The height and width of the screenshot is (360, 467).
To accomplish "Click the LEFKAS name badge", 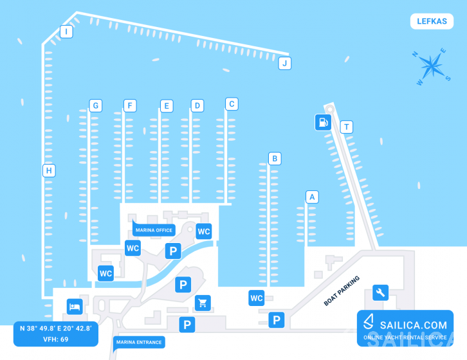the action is point(432,21).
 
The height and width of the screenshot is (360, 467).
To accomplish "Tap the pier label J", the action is point(285,63).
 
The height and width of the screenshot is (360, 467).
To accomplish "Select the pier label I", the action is point(66,32).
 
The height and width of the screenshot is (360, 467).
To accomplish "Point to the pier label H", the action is point(49,170).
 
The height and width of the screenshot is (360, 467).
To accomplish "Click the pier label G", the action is point(96,105).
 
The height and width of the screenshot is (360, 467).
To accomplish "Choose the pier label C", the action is point(232,104).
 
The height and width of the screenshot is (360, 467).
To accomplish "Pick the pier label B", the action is point(275,159).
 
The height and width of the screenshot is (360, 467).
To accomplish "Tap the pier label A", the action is point(312,197).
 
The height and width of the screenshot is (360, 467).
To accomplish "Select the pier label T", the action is point(346,127).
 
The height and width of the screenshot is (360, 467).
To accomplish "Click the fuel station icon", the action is point(323,122).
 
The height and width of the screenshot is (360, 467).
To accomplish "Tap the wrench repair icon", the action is point(380,292).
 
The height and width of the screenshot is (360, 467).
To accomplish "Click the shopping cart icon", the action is point(203,303).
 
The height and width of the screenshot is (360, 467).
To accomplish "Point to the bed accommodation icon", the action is point(75,307).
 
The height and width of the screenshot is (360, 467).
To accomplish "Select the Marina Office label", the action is point(154,230).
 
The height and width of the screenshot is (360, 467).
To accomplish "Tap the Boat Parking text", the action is point(342,291).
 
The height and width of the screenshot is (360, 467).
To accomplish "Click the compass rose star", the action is point(432,66).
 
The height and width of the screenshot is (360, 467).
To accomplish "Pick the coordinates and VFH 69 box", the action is point(56,334).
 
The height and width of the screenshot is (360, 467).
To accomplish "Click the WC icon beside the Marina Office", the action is point(204,231).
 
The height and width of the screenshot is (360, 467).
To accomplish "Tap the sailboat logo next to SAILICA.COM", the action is point(369,321).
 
